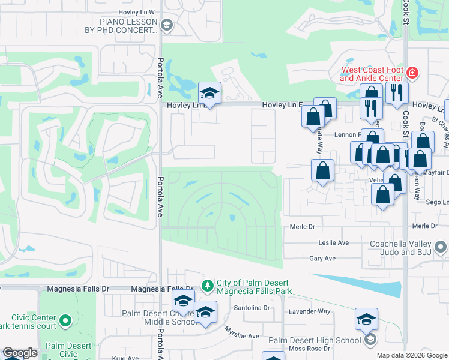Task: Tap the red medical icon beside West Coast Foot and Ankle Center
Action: pyautogui.click(x=412, y=73)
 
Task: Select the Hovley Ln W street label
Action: pyautogui.click(x=137, y=12)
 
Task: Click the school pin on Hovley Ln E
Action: pyautogui.click(x=209, y=94)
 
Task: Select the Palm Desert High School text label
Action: pyautogui.click(x=314, y=340)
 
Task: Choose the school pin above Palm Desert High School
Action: pyautogui.click(x=366, y=320)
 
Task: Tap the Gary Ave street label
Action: pyautogui.click(x=322, y=259)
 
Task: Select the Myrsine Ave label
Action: pyautogui.click(x=242, y=336)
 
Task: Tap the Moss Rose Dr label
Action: pyautogui.click(x=310, y=349)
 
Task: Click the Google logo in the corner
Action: pyautogui.click(x=19, y=353)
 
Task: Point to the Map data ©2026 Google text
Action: pyautogui.click(x=411, y=355)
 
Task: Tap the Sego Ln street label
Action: pyautogui.click(x=439, y=202)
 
